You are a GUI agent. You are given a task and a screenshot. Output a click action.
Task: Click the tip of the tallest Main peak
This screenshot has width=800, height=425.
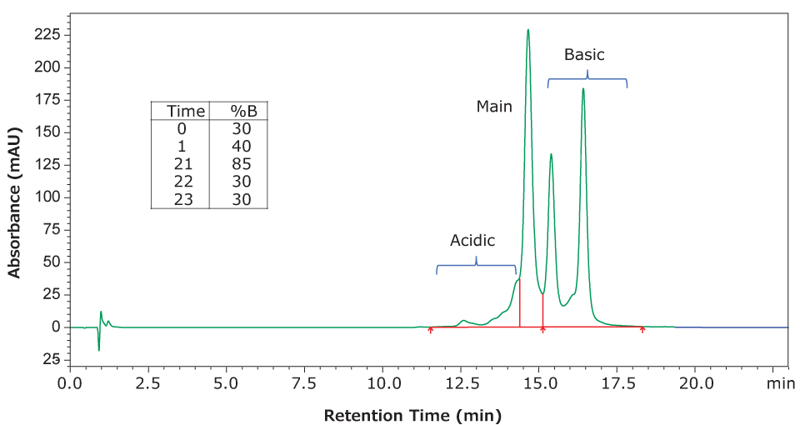(x=528, y=31)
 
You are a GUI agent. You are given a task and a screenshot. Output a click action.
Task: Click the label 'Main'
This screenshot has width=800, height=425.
(x=494, y=107)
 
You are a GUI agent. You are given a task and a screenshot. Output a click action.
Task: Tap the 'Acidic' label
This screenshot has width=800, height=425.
(x=472, y=241)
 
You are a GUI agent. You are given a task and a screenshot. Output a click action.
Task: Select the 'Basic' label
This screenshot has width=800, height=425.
(x=584, y=55)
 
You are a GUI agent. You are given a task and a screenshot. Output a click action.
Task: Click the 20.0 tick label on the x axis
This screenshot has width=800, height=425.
(x=696, y=384)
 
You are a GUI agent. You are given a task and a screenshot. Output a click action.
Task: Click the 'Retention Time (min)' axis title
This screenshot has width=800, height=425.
(x=412, y=414)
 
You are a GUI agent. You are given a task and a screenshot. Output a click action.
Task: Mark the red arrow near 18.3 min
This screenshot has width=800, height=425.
(x=642, y=330)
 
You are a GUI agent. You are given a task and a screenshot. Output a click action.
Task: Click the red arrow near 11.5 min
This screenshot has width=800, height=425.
(x=431, y=330)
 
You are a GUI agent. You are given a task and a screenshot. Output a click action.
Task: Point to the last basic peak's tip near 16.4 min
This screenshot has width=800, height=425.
(x=583, y=89)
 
